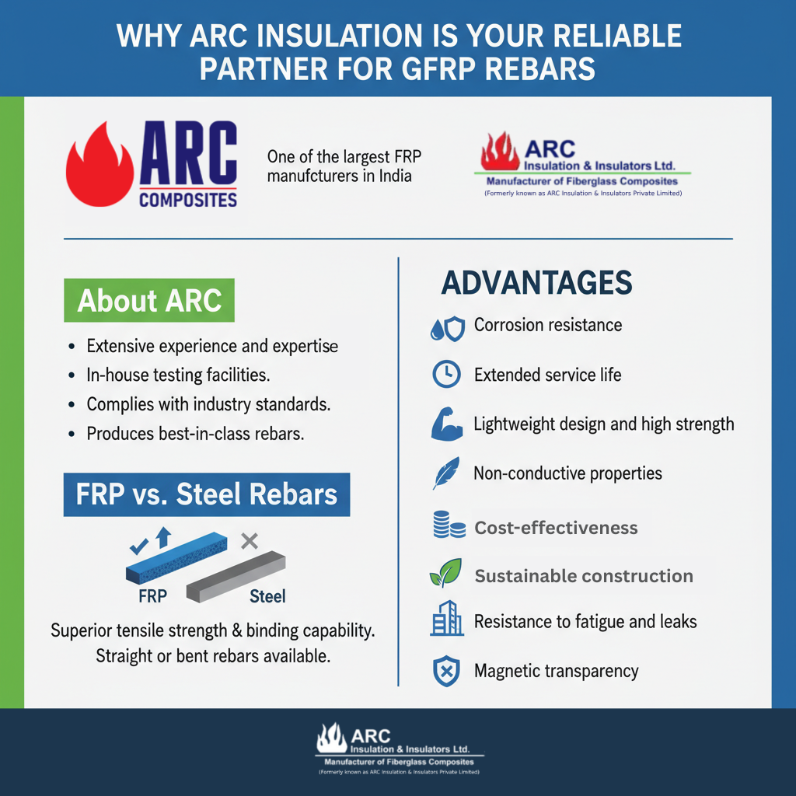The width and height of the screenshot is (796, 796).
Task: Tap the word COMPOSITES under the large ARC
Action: click(x=188, y=200)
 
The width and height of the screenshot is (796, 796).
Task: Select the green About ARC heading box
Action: click(x=149, y=301)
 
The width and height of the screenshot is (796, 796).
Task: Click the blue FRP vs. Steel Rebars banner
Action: click(x=207, y=495)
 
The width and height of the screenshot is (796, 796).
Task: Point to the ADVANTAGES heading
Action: click(x=536, y=283)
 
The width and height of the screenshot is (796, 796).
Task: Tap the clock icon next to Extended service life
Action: click(x=446, y=375)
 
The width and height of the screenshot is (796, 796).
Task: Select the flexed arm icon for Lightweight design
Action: click(x=446, y=424)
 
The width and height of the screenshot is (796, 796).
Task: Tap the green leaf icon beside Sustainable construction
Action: click(x=445, y=575)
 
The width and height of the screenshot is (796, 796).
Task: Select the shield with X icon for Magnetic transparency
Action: click(x=446, y=670)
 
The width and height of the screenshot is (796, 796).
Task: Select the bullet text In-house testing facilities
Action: click(x=178, y=375)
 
